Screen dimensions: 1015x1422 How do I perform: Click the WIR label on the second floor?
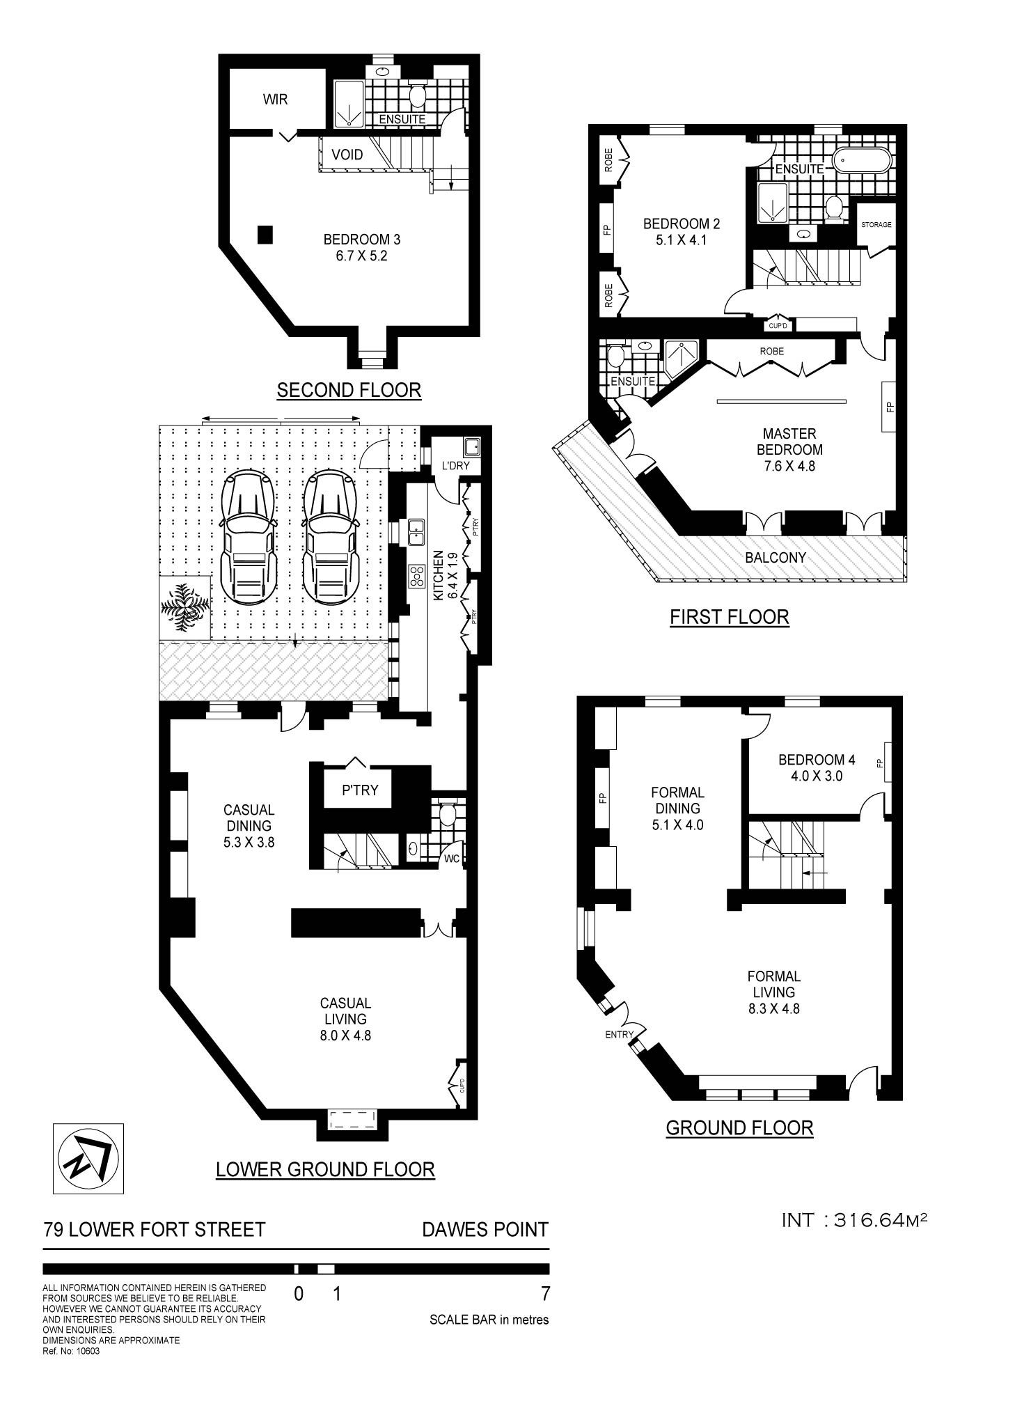tap(275, 100)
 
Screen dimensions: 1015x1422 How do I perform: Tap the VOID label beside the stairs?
tap(347, 155)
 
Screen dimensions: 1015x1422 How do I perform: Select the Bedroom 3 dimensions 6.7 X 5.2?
tap(361, 256)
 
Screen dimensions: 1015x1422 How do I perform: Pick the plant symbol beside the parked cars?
tap(184, 607)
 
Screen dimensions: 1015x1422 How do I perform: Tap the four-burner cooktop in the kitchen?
tap(418, 577)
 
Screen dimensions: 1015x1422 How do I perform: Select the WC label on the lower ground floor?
tap(452, 859)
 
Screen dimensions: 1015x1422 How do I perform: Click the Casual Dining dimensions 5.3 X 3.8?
tap(249, 842)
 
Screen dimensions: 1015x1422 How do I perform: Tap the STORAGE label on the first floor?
tap(876, 225)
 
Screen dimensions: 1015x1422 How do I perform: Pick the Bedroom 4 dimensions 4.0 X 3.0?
tap(816, 776)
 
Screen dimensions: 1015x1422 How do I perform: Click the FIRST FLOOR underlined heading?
tap(729, 617)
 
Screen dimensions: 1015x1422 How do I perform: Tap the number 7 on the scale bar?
tap(545, 1294)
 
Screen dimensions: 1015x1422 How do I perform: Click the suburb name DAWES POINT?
tap(485, 1229)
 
